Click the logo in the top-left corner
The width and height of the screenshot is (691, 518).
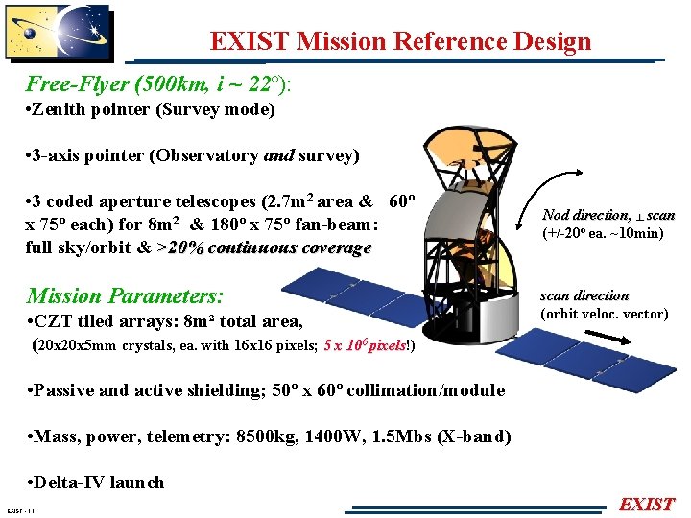coord(58,36)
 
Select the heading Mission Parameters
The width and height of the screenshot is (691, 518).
coord(126,294)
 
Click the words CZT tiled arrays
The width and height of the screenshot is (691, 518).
coord(101,321)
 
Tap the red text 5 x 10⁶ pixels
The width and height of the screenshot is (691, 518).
coord(365,345)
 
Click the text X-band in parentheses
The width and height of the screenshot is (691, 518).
coord(474,436)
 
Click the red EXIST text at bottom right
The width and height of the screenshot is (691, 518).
coord(647,505)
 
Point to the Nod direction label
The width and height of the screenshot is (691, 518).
coord(586,216)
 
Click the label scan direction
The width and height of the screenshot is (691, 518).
coord(584,295)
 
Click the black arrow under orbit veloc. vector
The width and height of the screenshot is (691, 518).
coord(606,340)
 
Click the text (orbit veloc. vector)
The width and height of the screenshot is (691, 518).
coord(605,314)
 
